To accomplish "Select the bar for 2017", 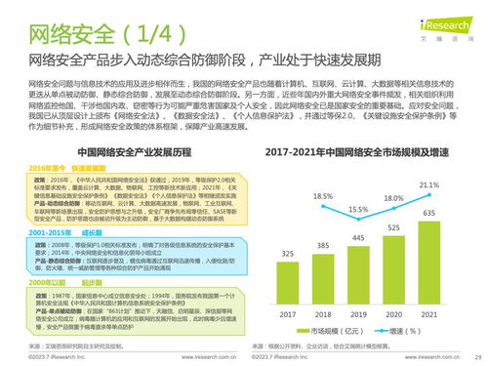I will [289, 256].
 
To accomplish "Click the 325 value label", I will [289, 225].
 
